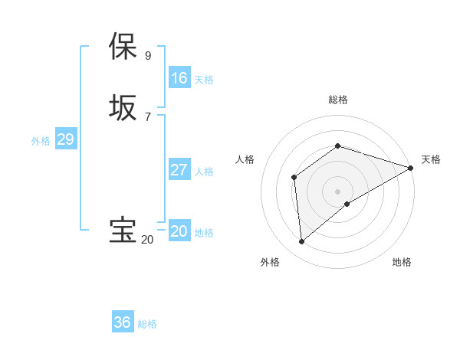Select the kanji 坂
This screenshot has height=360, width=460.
[x=123, y=107]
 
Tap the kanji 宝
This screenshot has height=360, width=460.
[x=123, y=231]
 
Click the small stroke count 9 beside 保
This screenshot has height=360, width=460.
[x=148, y=55]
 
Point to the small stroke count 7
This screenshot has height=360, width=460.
[x=148, y=116]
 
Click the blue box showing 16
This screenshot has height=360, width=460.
[x=179, y=78]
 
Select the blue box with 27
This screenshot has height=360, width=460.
[x=179, y=170]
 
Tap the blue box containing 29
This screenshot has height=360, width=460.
[x=65, y=139]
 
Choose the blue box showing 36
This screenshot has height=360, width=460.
[x=123, y=322]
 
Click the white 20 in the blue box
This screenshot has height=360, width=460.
[x=179, y=231]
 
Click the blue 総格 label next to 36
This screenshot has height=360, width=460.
[x=147, y=324]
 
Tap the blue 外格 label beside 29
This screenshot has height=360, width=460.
[x=41, y=141]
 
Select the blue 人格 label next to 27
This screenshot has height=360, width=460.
[x=204, y=172]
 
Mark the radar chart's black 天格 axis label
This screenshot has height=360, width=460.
[x=431, y=159]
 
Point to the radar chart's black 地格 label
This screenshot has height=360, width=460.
[x=402, y=263]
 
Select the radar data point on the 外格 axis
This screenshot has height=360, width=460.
[x=301, y=242]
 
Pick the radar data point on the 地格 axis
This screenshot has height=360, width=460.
[x=347, y=204]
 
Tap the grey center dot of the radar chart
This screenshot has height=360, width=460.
[x=337, y=191]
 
